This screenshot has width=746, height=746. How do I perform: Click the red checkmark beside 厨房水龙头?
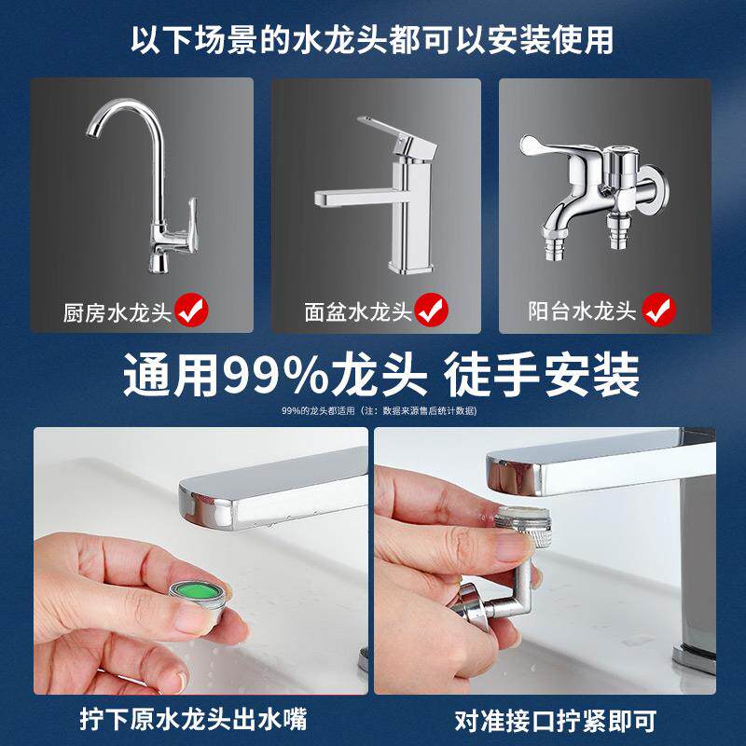click(192, 311)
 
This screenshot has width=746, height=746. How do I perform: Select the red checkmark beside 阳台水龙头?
click(660, 311)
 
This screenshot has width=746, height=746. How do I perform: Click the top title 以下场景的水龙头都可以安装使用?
click(372, 39)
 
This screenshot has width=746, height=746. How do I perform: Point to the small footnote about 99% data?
click(372, 411)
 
